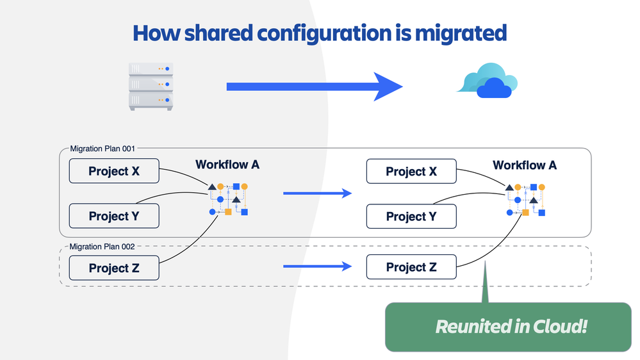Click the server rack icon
[151, 86]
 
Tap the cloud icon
[488, 81]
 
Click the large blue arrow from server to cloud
[314, 86]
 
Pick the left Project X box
[114, 172]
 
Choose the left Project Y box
[114, 217]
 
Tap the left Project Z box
[114, 268]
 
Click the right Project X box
[411, 172]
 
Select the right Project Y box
[411, 217]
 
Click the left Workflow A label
[227, 165]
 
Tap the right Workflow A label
[525, 165]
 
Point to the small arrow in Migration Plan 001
[317, 193]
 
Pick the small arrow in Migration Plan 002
[317, 266]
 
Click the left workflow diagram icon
[228, 199]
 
